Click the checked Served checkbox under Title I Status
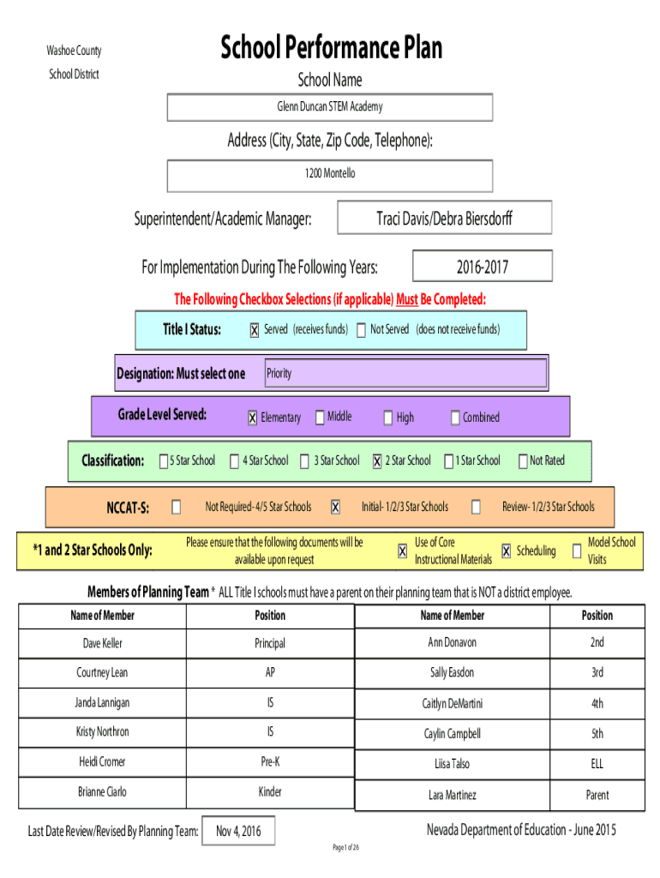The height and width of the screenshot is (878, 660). tap(255, 330)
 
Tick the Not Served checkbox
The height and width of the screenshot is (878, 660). tap(361, 330)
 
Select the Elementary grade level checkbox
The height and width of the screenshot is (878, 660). tap(253, 418)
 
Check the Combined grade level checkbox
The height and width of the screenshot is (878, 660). tap(455, 418)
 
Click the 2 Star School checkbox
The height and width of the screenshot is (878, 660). tap(377, 461)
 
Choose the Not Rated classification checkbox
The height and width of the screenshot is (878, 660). tap(523, 461)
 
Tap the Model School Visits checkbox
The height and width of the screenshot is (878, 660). tap(577, 551)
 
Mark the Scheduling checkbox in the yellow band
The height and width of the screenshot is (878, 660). tap(506, 551)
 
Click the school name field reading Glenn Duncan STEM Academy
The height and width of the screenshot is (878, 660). tap(330, 107)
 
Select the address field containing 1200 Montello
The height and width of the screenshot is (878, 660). tap(330, 176)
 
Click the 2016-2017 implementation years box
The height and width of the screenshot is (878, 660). tap(483, 266)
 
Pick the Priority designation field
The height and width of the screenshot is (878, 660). tap(405, 373)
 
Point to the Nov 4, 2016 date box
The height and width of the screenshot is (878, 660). tap(238, 831)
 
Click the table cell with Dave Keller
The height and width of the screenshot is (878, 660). tap(103, 643)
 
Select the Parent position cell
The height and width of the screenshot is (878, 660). tap(597, 795)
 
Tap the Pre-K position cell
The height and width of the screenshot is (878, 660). tap(270, 762)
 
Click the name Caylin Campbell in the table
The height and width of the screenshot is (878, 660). tap(453, 734)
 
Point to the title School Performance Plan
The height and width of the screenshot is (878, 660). tap(332, 47)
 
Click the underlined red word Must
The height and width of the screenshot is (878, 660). tap(407, 299)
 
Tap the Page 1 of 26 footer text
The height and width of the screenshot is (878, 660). tap(346, 848)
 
